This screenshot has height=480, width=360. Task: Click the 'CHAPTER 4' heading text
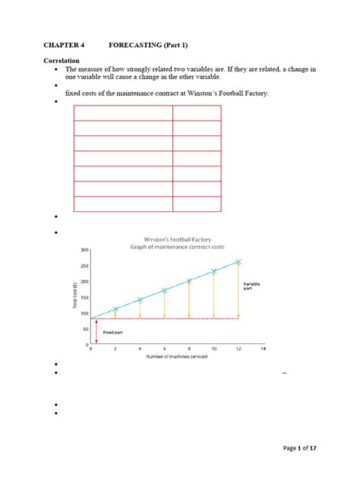(x=68, y=46)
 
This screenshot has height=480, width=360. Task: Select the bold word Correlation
(x=67, y=59)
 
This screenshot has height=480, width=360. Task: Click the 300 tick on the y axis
(x=84, y=249)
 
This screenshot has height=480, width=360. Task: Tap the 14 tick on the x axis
(x=263, y=350)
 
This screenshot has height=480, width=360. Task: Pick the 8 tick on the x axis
(x=189, y=350)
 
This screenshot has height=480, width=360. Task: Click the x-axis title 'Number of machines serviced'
(x=176, y=357)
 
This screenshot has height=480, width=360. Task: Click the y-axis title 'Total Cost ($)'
(x=76, y=296)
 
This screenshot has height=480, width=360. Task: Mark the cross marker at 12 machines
(x=238, y=261)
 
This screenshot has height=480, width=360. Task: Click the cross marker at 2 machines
(x=115, y=309)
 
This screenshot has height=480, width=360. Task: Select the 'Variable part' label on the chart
(x=251, y=286)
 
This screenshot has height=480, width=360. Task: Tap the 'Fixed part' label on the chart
(x=112, y=333)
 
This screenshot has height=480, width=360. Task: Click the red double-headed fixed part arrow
(x=96, y=331)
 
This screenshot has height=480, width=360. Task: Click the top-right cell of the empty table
(x=197, y=113)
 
